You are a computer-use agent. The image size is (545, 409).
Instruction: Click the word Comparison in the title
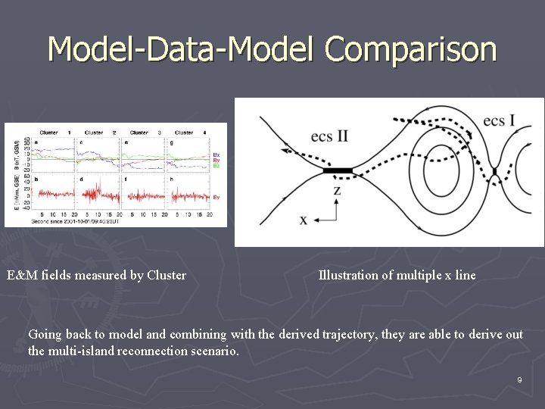click(411, 49)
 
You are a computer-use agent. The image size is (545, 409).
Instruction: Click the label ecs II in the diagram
click(329, 136)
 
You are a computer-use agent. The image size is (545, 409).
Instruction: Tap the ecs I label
click(499, 120)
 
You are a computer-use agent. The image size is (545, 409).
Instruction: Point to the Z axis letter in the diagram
click(337, 190)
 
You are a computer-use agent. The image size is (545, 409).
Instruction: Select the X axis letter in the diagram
click(304, 220)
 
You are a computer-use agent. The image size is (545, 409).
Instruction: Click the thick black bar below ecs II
click(338, 171)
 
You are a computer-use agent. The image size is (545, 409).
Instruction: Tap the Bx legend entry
click(216, 154)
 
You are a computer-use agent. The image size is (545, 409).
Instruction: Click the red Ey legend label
click(216, 197)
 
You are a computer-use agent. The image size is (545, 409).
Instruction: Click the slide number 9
click(519, 379)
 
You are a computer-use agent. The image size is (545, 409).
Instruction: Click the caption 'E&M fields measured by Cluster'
click(96, 275)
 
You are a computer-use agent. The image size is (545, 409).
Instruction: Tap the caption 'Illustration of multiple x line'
click(397, 275)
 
